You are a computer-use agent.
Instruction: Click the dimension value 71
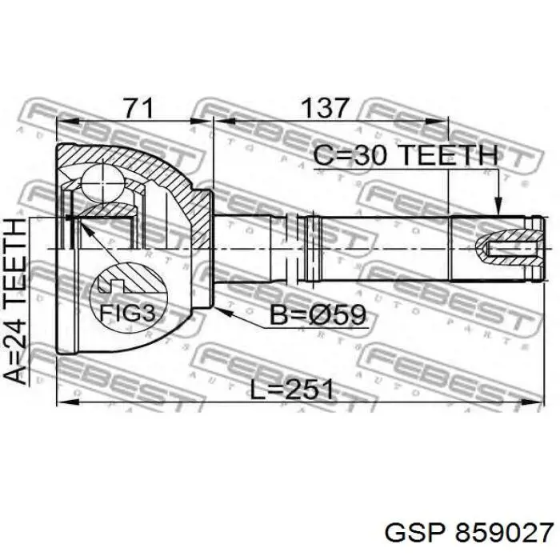(x=138, y=107)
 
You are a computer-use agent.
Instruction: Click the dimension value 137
(x=324, y=107)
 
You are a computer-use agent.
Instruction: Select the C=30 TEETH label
(x=406, y=155)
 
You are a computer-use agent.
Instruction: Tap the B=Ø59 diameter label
(x=318, y=314)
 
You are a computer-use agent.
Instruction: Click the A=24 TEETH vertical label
(x=15, y=301)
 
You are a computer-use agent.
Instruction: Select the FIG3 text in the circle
(x=127, y=313)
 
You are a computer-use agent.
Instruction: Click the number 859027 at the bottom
(x=503, y=534)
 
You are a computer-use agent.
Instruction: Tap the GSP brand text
(x=416, y=534)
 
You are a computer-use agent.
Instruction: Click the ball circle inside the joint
(x=103, y=182)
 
